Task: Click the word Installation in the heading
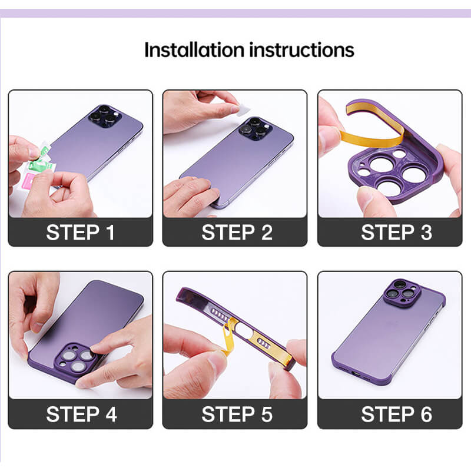(194, 50)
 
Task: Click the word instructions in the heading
(301, 50)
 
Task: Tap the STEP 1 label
(81, 232)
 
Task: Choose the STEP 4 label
(81, 414)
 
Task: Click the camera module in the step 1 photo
(105, 116)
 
